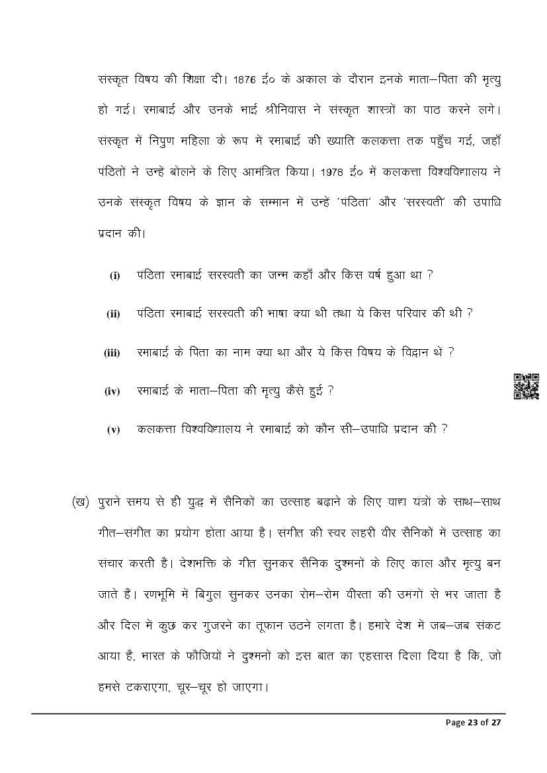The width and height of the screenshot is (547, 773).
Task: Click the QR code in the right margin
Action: [526, 386]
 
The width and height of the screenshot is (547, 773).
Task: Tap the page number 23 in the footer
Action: [473, 723]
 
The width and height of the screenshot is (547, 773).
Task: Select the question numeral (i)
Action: [114, 276]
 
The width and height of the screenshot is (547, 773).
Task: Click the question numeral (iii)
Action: [112, 353]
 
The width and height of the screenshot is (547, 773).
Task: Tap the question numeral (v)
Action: [114, 430]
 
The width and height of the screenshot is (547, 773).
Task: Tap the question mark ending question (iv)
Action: [331, 390]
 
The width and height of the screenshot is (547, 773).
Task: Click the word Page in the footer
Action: [455, 723]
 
